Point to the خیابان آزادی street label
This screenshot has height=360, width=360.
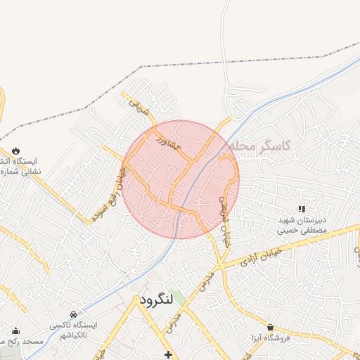click(261, 256)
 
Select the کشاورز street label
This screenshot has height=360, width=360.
click(169, 139)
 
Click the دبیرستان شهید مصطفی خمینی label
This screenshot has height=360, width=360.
click(302, 224)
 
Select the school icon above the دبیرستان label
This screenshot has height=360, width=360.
click(302, 209)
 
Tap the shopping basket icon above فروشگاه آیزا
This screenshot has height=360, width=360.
click(271, 327)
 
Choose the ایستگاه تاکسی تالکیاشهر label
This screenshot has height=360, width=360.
click(74, 331)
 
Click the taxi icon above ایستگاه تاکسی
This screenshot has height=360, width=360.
click(74, 314)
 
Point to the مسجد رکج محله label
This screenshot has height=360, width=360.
click(21, 342)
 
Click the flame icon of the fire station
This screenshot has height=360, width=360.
click(15, 150)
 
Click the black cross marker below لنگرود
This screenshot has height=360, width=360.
click(167, 354)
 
